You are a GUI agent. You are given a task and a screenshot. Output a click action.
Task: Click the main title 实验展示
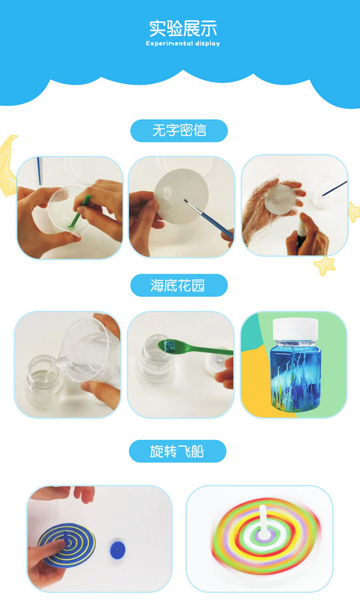[183, 28]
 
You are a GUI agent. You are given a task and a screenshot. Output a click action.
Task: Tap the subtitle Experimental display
[183, 43]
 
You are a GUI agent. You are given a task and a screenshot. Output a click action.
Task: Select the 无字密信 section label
[179, 131]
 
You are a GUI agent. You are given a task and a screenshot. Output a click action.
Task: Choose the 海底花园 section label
[178, 285]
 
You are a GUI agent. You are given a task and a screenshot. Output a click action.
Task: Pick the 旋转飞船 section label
[177, 451]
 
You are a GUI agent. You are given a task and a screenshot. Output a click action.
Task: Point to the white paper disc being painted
[181, 196]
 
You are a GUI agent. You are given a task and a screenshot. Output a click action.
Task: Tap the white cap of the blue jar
[295, 329]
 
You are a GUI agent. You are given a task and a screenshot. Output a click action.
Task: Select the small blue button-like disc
[118, 550]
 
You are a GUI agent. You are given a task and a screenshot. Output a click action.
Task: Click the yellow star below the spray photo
[324, 265]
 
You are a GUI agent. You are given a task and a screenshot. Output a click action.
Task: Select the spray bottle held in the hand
[301, 234]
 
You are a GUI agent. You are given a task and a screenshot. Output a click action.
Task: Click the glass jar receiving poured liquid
[43, 380]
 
